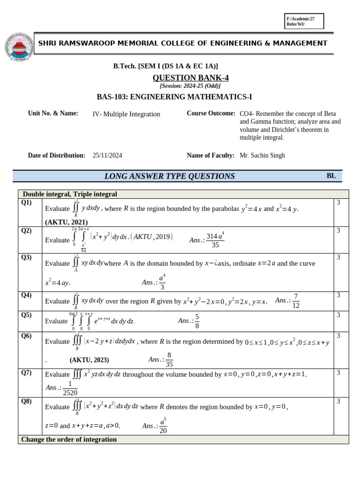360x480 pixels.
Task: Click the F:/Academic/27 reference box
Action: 304,21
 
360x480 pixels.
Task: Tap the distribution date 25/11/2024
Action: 107,156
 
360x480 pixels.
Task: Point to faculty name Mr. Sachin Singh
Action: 262,156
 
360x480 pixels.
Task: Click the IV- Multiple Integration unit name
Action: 126,114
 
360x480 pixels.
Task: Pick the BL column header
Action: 331,176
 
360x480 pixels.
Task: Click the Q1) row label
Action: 26,202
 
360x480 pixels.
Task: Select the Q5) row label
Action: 26,315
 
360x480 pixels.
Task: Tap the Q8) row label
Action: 26,401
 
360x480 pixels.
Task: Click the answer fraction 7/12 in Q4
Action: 295,301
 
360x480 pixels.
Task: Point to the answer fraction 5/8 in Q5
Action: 197,322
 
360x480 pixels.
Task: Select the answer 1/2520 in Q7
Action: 70,388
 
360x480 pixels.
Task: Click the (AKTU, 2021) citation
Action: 66,222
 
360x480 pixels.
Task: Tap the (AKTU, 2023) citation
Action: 89,360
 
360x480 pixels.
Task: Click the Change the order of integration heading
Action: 69,440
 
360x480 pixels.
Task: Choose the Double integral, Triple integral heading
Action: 70,194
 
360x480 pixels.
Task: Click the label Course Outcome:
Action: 210,113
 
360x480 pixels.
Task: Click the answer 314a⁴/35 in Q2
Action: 215,240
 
